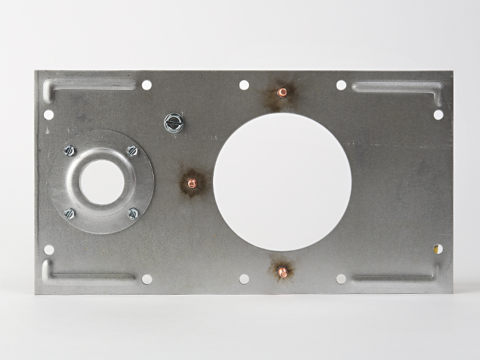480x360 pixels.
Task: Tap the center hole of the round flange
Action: point(101,181)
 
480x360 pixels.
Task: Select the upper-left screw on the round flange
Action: point(70,150)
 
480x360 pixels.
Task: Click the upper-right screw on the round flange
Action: point(133,151)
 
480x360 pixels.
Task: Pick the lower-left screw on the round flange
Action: point(70,213)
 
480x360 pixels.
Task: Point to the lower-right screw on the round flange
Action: point(133,213)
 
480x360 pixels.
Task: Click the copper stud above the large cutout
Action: point(281,92)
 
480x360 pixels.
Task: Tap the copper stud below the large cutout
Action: point(283,272)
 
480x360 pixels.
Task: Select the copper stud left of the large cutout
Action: point(192,182)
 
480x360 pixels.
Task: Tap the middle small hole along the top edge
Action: point(244,85)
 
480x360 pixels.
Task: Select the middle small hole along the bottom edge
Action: point(244,279)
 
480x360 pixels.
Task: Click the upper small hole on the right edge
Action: point(439,114)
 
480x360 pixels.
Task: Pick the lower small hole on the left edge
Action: point(49,250)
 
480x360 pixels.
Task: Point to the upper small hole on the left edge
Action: point(49,114)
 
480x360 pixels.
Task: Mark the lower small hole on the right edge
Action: point(438,248)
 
